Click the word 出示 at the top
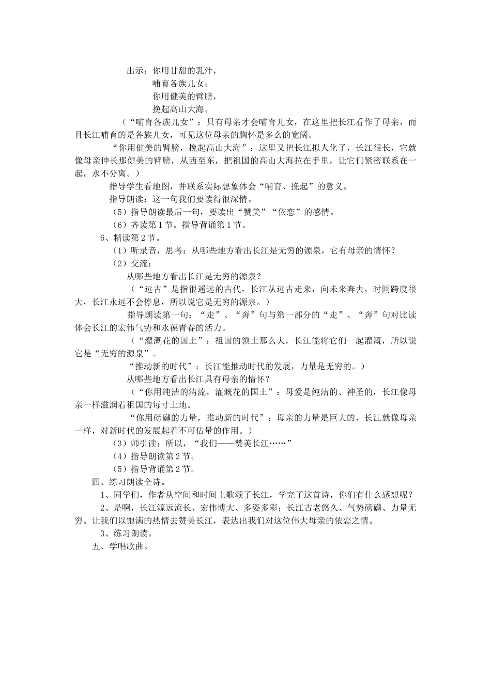(135, 71)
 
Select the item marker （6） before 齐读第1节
(119, 225)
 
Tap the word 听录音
(144, 250)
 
